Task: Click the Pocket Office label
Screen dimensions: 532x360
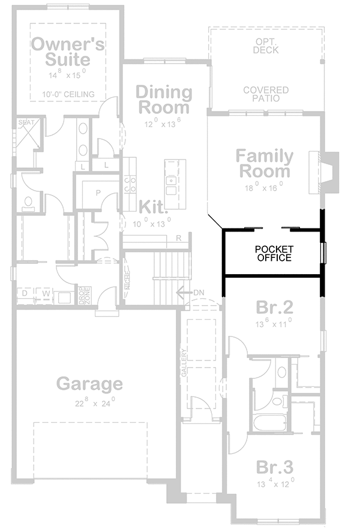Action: coord(273,253)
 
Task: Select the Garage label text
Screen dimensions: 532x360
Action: coord(89,383)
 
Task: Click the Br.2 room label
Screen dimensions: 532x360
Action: coord(274,308)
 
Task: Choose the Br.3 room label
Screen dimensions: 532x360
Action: coord(274,468)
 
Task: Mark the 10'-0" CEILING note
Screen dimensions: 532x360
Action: coord(68,95)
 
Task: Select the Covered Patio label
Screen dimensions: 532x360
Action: coord(266,94)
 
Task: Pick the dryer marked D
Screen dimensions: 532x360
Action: coord(25,293)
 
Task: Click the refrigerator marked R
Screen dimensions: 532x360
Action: coord(179,238)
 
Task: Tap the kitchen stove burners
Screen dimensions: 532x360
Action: coord(129,184)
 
